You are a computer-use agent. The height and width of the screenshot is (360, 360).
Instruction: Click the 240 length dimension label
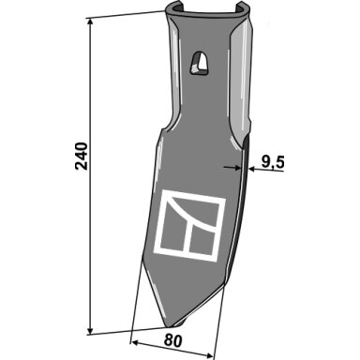coord(82,157)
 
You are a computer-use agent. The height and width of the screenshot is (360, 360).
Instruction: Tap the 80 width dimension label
coord(172,341)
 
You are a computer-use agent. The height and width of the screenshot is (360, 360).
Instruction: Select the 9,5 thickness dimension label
coord(272,162)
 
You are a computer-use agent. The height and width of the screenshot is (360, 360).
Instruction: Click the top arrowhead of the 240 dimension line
coord(90,22)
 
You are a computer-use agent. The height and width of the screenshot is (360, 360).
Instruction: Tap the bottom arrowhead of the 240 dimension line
coord(90,331)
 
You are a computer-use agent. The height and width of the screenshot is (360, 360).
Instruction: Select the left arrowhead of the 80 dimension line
coord(134,342)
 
